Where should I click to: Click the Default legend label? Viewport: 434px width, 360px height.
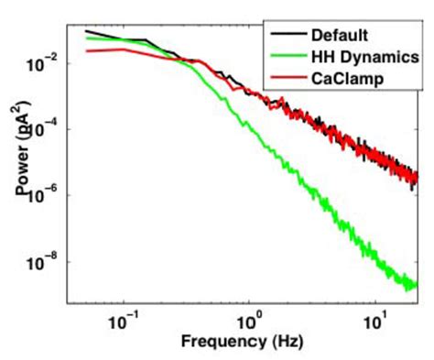click(339, 36)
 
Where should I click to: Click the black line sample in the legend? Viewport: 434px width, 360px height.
click(287, 36)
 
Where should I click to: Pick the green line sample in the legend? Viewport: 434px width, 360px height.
click(287, 58)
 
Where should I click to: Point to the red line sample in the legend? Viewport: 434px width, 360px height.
click(287, 80)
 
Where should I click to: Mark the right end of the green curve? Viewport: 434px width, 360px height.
click(418, 286)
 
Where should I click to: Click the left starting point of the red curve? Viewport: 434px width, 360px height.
click(86, 51)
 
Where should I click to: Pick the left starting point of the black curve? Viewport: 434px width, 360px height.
click(86, 31)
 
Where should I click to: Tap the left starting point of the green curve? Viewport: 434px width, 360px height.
click(86, 39)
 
